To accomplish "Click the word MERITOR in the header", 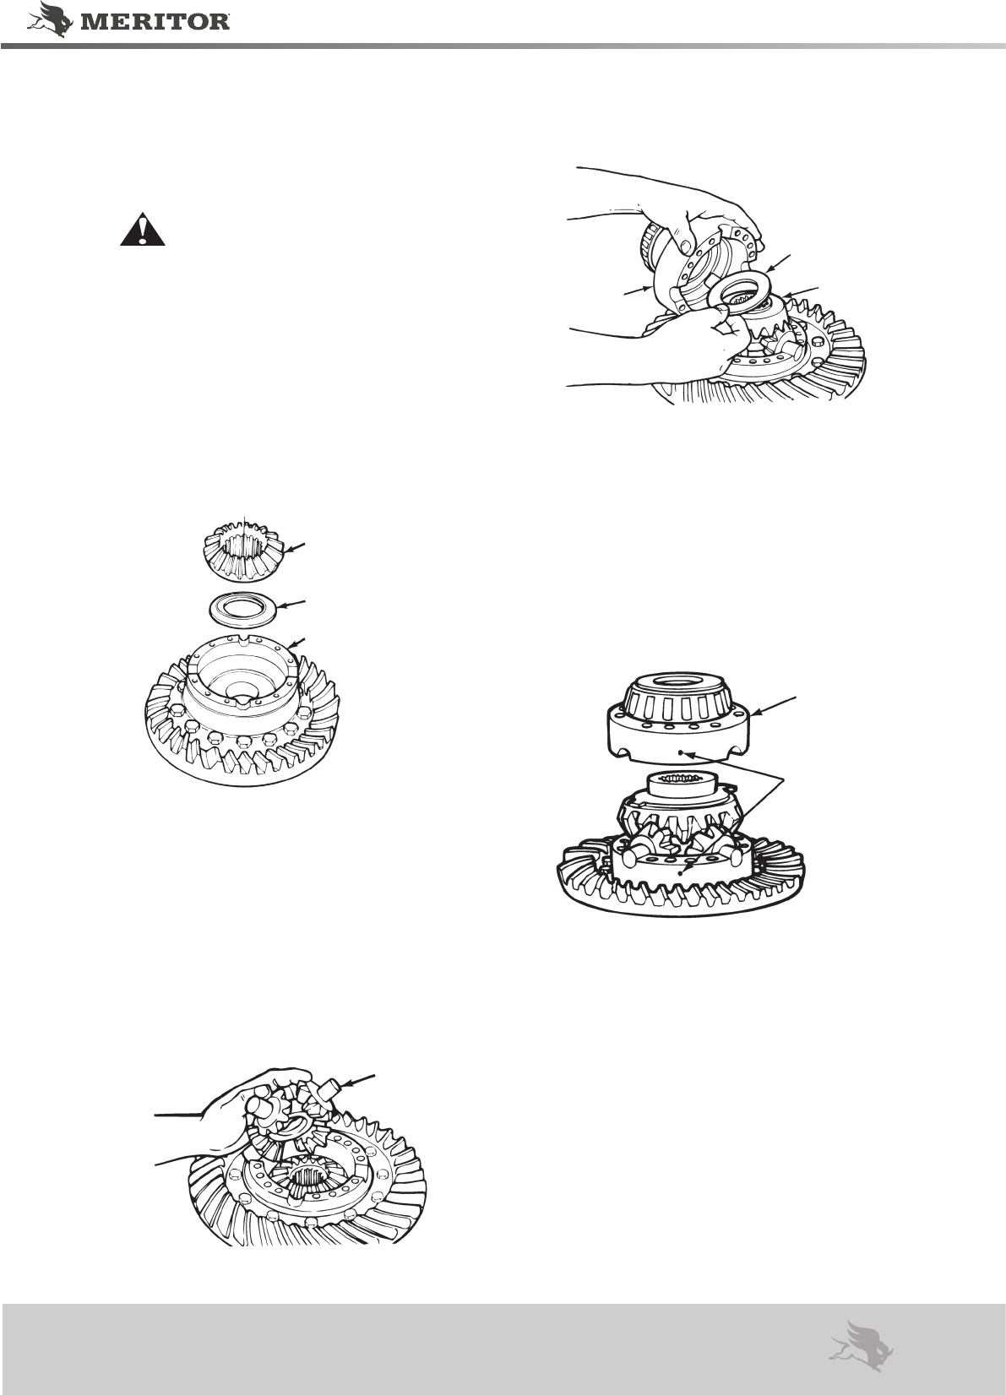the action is coord(155,23).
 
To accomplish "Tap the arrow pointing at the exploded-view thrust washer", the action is coord(293,604).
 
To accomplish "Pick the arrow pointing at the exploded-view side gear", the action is coord(295,548).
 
